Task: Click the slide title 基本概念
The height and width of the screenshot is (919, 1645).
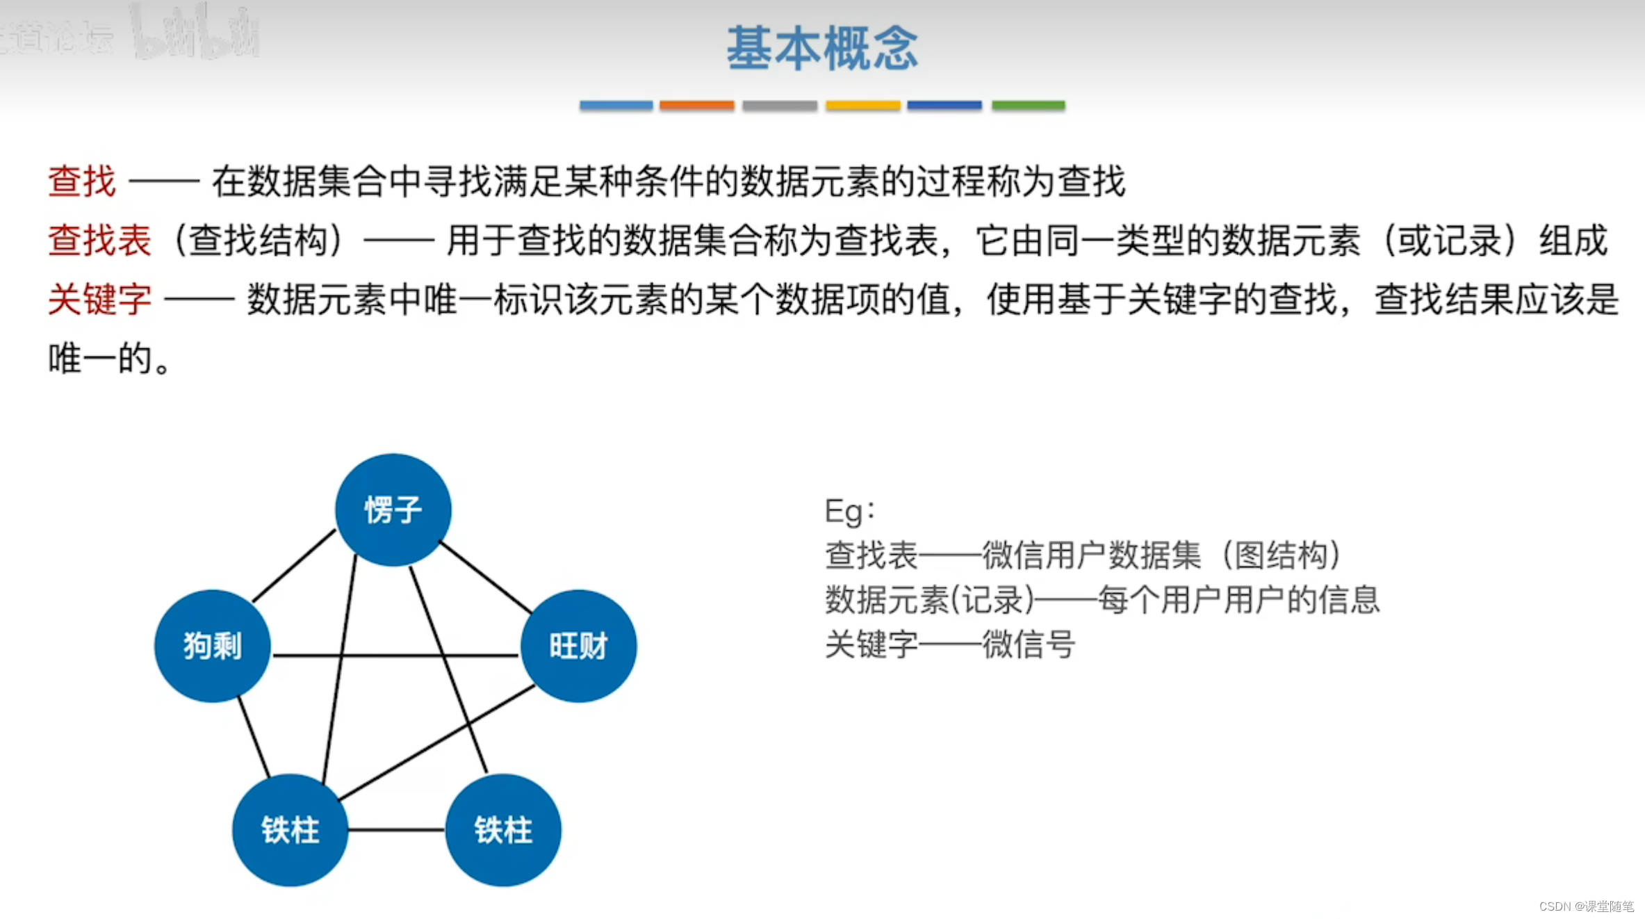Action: pyautogui.click(x=822, y=49)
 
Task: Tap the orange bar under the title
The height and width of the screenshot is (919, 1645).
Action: pyautogui.click(x=696, y=106)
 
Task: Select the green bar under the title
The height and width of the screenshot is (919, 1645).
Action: pyautogui.click(x=1028, y=106)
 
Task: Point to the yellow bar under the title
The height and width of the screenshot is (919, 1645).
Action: pyautogui.click(x=862, y=106)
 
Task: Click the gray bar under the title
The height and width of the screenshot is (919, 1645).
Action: pyautogui.click(x=779, y=106)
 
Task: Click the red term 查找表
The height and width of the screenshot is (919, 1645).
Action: pyautogui.click(x=99, y=241)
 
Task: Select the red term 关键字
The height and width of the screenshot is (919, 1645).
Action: pyautogui.click(x=99, y=300)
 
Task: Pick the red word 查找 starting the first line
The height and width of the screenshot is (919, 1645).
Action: pyautogui.click(x=82, y=181)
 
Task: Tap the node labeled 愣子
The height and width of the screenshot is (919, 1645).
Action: pyautogui.click(x=393, y=510)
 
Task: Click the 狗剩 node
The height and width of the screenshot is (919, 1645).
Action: pyautogui.click(x=212, y=646)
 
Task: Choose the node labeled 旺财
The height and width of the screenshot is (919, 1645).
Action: pyautogui.click(x=578, y=646)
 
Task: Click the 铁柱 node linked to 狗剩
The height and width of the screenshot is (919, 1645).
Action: pyautogui.click(x=290, y=830)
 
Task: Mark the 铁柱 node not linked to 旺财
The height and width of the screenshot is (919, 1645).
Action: pyautogui.click(x=503, y=830)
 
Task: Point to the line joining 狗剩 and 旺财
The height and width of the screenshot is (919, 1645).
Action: pyautogui.click(x=396, y=655)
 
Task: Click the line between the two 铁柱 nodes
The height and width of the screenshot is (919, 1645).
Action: pyautogui.click(x=396, y=829)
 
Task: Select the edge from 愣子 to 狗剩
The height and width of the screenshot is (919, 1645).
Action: pyautogui.click(x=294, y=566)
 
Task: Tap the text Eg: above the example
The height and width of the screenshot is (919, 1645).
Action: pyautogui.click(x=849, y=511)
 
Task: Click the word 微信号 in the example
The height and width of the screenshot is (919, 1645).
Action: pyautogui.click(x=1029, y=644)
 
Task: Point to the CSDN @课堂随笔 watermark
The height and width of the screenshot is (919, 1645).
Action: pyautogui.click(x=1586, y=906)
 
